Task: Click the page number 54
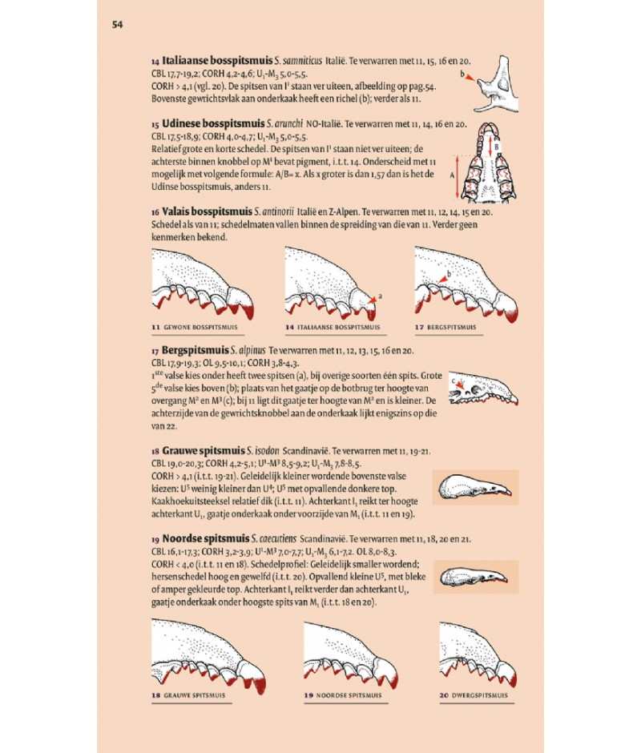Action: (117, 25)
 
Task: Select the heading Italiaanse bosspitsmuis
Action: (217, 61)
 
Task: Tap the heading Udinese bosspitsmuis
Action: (213, 123)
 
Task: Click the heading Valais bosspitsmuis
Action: (207, 211)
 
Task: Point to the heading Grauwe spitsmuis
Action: (204, 451)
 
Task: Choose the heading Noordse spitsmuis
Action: (206, 538)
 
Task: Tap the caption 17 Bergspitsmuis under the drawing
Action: (445, 327)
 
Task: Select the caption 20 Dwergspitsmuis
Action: (474, 695)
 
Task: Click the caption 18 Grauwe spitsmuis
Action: (188, 695)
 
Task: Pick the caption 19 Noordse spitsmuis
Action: (343, 695)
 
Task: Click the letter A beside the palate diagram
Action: (452, 175)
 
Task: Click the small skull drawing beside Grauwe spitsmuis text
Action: (475, 487)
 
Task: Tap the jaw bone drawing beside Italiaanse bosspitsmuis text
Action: (497, 85)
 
